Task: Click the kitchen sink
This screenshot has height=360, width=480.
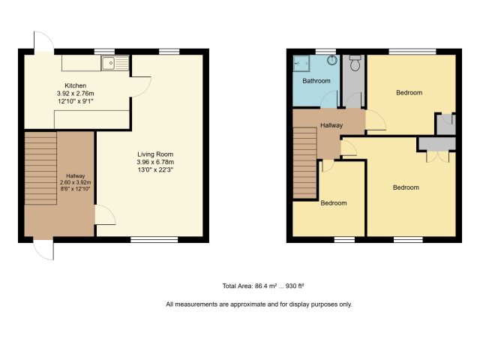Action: click(115, 63)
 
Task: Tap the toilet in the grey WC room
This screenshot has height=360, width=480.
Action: click(355, 63)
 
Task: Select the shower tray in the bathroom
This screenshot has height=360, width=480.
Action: click(301, 63)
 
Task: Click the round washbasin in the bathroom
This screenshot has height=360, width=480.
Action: click(332, 60)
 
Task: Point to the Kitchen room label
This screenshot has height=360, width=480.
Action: click(75, 85)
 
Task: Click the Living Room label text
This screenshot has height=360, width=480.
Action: click(155, 154)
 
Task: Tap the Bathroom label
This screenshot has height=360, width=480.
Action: click(316, 81)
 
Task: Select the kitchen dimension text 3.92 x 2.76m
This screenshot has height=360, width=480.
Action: click(75, 93)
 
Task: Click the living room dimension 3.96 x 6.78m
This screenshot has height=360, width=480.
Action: click(155, 162)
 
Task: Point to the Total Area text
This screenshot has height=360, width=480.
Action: click(263, 286)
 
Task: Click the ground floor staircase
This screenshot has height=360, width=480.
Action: click(40, 168)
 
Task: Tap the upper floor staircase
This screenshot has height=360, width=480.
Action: click(305, 163)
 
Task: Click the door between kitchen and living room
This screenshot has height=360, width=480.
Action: click(141, 87)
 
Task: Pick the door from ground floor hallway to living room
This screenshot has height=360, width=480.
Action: click(105, 214)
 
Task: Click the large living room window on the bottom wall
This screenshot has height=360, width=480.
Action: click(154, 239)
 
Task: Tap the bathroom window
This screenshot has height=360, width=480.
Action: click(325, 52)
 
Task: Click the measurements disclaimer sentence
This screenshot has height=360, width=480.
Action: click(259, 304)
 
